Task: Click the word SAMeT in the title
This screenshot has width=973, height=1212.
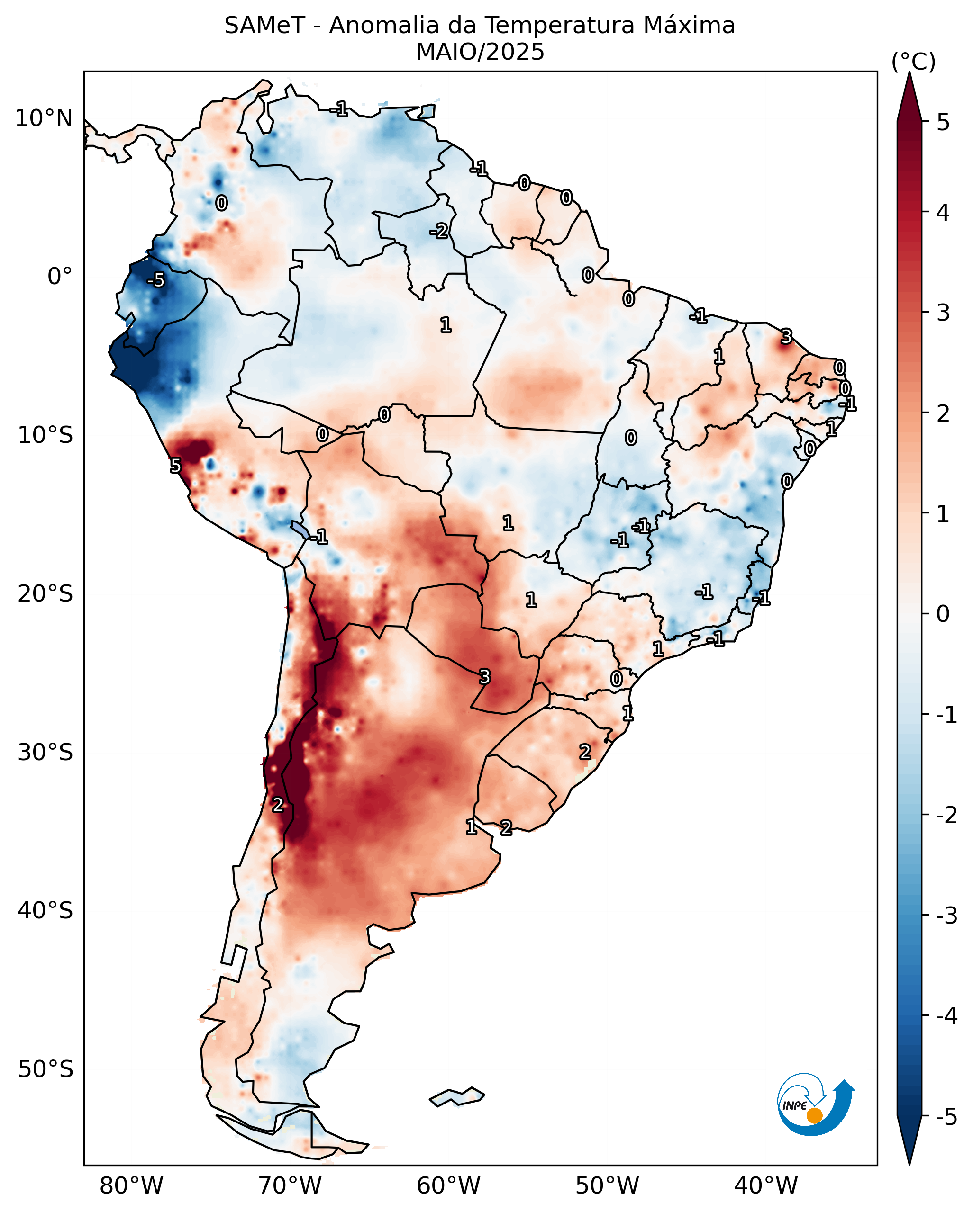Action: [264, 26]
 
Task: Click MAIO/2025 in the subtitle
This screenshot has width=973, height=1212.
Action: [480, 52]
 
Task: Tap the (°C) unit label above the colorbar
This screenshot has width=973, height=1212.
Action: [913, 62]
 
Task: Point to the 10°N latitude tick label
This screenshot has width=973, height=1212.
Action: [44, 118]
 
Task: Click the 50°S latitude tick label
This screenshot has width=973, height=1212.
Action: [45, 1069]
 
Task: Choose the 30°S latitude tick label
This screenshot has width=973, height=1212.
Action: [45, 752]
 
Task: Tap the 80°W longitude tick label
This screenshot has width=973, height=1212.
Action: [131, 1185]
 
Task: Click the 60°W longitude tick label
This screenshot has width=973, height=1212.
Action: [448, 1185]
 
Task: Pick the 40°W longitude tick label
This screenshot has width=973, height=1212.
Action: [765, 1185]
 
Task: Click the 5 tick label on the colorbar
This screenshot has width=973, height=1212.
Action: [943, 122]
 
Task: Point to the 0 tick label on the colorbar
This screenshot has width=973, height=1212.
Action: [943, 613]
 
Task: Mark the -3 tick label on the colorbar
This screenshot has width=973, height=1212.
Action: [946, 916]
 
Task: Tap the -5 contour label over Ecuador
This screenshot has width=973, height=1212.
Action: [156, 280]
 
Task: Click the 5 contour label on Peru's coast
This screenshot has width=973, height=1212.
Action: [175, 466]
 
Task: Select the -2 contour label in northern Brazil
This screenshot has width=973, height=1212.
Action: [439, 231]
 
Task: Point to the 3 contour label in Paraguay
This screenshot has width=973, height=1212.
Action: [484, 677]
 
